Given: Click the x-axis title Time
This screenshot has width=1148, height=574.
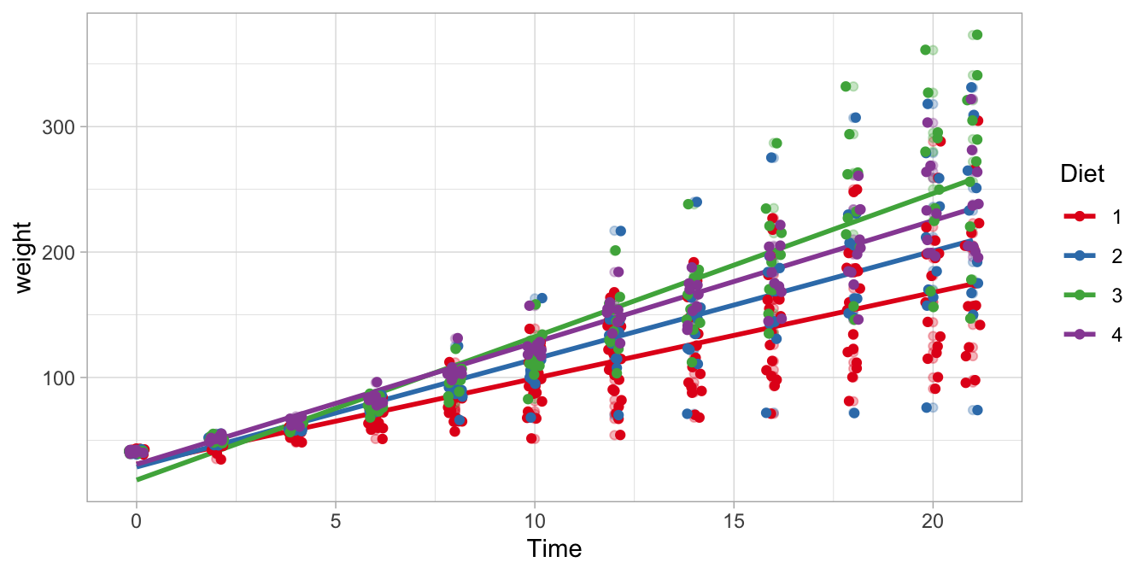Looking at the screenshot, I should pyautogui.click(x=554, y=548).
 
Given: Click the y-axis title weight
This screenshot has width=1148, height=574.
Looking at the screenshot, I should pyautogui.click(x=23, y=256).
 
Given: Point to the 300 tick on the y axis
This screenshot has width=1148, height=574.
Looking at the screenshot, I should pyautogui.click(x=59, y=126).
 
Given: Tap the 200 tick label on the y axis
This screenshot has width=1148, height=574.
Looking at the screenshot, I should pyautogui.click(x=59, y=252).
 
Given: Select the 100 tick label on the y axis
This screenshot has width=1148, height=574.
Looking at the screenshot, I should pyautogui.click(x=59, y=378).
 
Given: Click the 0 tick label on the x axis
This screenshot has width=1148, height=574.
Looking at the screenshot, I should pyautogui.click(x=136, y=519).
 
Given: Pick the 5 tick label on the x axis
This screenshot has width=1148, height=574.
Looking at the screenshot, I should pyautogui.click(x=335, y=519).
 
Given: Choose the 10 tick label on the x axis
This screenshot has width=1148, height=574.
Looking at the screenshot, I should pyautogui.click(x=534, y=519).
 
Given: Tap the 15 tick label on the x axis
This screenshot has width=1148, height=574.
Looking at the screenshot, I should pyautogui.click(x=733, y=519).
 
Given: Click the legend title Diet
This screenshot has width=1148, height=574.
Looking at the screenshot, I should pyautogui.click(x=1081, y=174).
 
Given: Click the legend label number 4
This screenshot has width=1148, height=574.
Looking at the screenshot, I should pyautogui.click(x=1117, y=334).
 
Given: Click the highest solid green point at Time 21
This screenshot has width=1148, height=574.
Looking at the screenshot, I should pyautogui.click(x=977, y=35).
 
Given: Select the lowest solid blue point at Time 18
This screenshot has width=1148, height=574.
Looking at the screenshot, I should pyautogui.click(x=853, y=413).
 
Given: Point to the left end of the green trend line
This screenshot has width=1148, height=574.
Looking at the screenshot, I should pyautogui.click(x=137, y=479).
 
